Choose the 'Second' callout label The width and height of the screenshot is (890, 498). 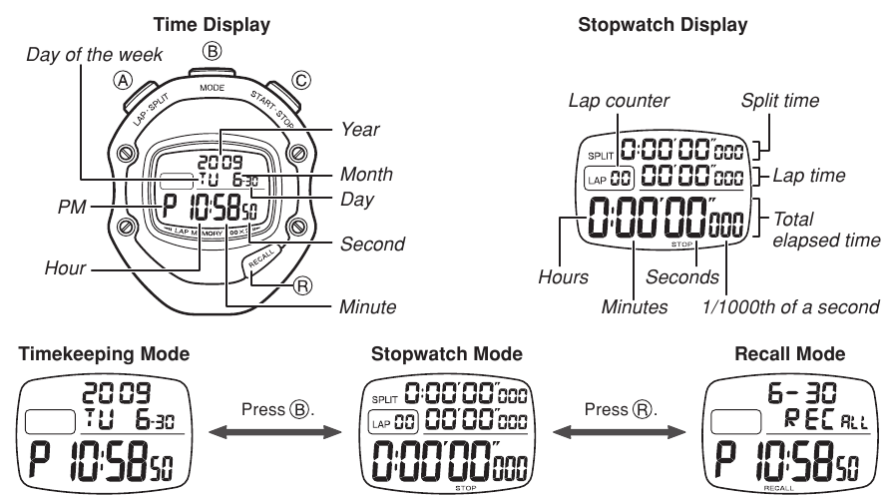coord(370,244)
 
